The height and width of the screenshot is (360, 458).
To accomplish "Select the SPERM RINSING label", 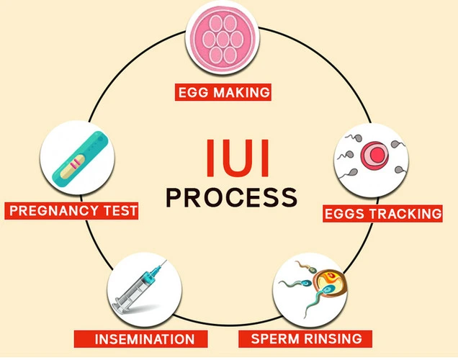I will click(x=306, y=337).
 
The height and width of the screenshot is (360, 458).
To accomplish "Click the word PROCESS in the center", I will click(x=230, y=196).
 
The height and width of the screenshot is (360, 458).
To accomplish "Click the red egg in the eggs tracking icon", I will click(x=373, y=155).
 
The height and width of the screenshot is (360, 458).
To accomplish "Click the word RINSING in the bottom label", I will click(x=329, y=337).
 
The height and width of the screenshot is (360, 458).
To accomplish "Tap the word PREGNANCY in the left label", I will click(x=52, y=212).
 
